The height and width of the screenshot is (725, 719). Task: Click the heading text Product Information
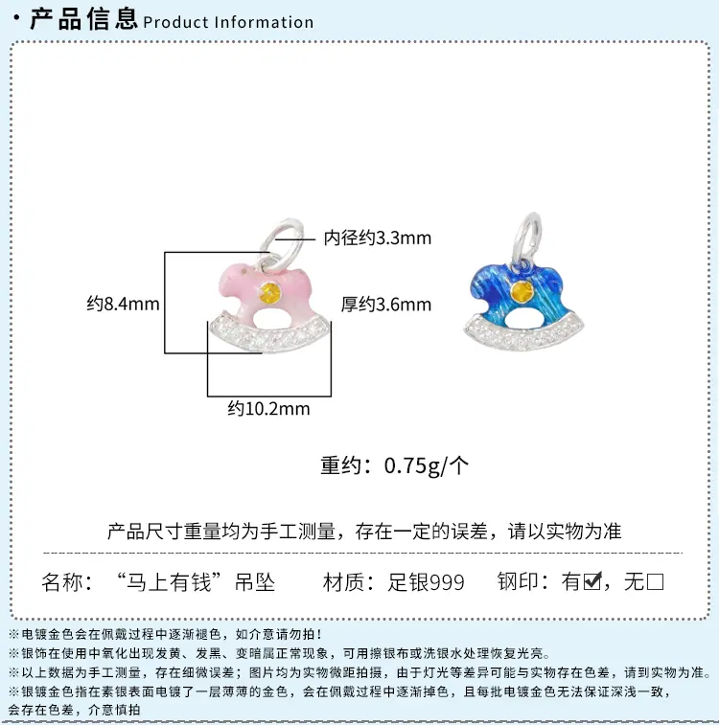[228, 22]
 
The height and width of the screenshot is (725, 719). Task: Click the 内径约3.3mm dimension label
[377, 238]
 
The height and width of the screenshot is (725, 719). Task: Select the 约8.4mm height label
[123, 304]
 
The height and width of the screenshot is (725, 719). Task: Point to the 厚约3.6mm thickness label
[386, 305]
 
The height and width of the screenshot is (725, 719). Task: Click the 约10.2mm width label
[268, 409]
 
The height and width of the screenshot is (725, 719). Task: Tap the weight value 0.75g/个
[426, 465]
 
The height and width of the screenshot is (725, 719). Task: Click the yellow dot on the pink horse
[269, 292]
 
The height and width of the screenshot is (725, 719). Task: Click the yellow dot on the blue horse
[522, 291]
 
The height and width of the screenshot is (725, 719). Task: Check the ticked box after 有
[592, 580]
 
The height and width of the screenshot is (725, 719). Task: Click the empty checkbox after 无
[655, 581]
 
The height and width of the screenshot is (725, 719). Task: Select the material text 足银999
[426, 581]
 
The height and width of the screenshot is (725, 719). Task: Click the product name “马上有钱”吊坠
[196, 581]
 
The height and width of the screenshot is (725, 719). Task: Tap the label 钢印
[516, 581]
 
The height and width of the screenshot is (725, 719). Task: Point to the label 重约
[341, 465]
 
